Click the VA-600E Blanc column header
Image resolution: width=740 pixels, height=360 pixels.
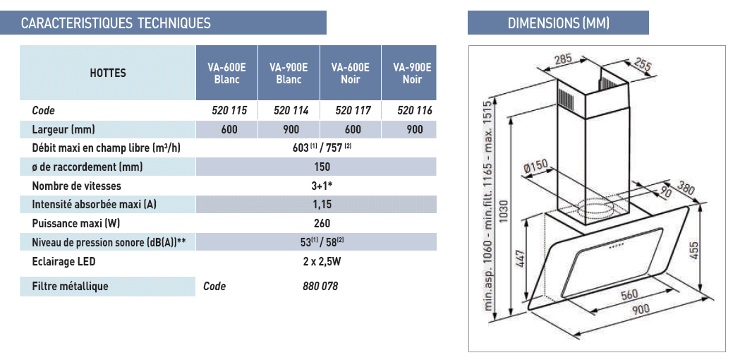(x=226, y=73)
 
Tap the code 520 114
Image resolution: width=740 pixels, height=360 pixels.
(x=291, y=111)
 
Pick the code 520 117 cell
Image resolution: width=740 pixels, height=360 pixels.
(x=353, y=111)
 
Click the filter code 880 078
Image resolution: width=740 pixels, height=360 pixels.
(x=320, y=287)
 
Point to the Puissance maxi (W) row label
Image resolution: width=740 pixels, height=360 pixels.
(x=73, y=223)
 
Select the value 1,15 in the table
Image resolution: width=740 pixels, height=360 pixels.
(x=322, y=204)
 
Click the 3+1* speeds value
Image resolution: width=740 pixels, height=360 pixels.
(x=322, y=186)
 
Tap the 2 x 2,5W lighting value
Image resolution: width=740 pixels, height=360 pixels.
(x=322, y=261)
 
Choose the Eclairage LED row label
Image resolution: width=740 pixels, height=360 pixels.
(x=63, y=261)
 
